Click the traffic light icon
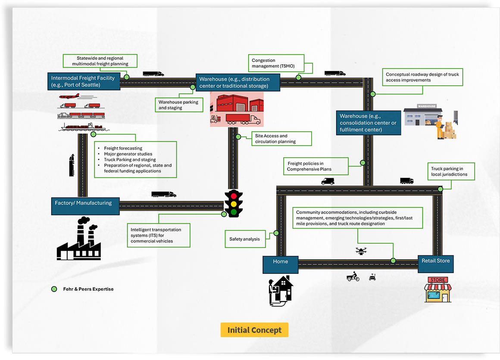click(x=234, y=203)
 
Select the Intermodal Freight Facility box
click(x=83, y=81)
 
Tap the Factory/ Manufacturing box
click(x=85, y=206)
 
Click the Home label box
click(x=280, y=264)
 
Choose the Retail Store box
click(x=435, y=264)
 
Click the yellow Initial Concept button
click(x=254, y=330)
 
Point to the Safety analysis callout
click(x=244, y=239)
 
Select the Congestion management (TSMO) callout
click(x=276, y=63)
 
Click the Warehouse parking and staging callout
click(x=178, y=105)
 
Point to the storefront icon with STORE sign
click(x=437, y=289)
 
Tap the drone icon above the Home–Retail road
click(x=361, y=250)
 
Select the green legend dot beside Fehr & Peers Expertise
click(x=54, y=289)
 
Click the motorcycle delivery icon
click(x=353, y=277)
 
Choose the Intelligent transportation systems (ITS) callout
click(x=158, y=235)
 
